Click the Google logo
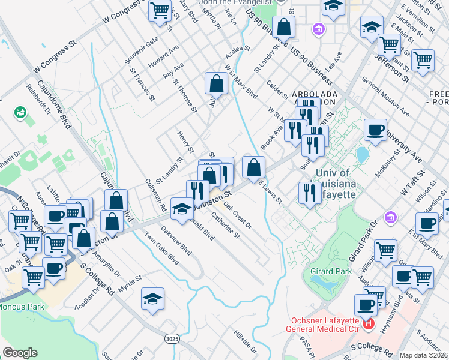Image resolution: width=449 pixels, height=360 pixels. click(20, 353)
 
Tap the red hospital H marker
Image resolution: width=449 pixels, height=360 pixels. click(368, 326)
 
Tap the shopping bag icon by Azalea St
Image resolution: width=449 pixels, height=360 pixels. click(216, 83)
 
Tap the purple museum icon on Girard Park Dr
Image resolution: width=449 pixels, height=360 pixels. click(390, 216)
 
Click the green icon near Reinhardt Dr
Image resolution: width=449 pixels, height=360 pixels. click(21, 112)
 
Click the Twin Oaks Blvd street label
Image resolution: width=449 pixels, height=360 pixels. click(162, 248)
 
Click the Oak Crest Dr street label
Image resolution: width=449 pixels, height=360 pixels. click(238, 215)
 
